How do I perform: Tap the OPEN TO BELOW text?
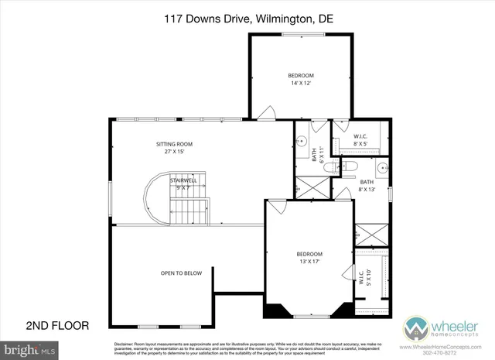tap(181, 273)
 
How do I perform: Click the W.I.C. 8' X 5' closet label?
tap(360, 139)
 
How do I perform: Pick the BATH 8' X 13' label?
tap(367, 186)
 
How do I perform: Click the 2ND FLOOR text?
tap(58, 325)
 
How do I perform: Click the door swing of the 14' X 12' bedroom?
tap(266, 113)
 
